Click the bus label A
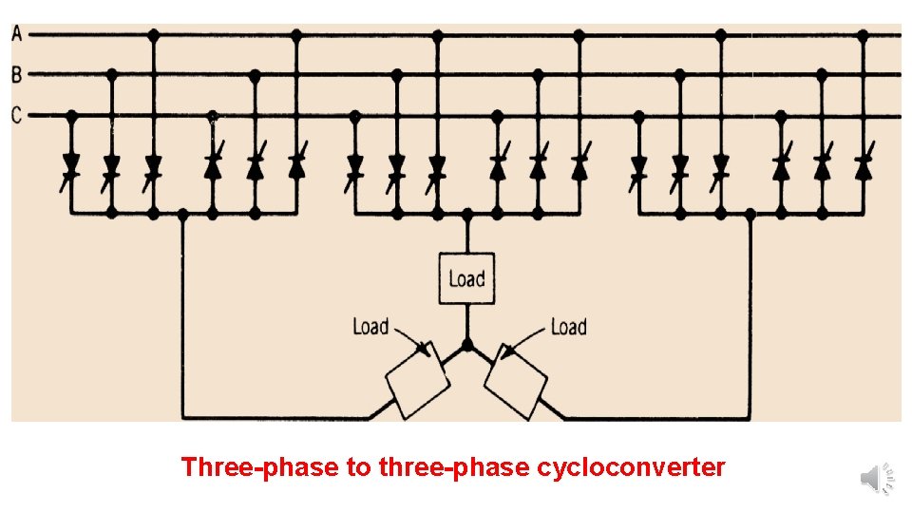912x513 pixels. point(16,33)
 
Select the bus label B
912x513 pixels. point(16,73)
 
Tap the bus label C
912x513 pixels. point(16,116)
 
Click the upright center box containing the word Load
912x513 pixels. point(466,278)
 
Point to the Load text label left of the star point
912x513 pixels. point(370,327)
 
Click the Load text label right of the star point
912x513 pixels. point(568,327)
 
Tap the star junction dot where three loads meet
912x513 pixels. point(466,344)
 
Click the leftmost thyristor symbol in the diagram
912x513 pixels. point(70,166)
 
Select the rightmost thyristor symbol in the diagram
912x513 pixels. point(863,166)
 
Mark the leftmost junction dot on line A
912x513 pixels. point(154,34)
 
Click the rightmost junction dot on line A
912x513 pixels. point(863,34)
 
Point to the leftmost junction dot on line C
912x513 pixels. point(70,116)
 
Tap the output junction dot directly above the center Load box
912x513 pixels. point(466,215)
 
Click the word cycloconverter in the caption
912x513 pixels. point(631,467)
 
